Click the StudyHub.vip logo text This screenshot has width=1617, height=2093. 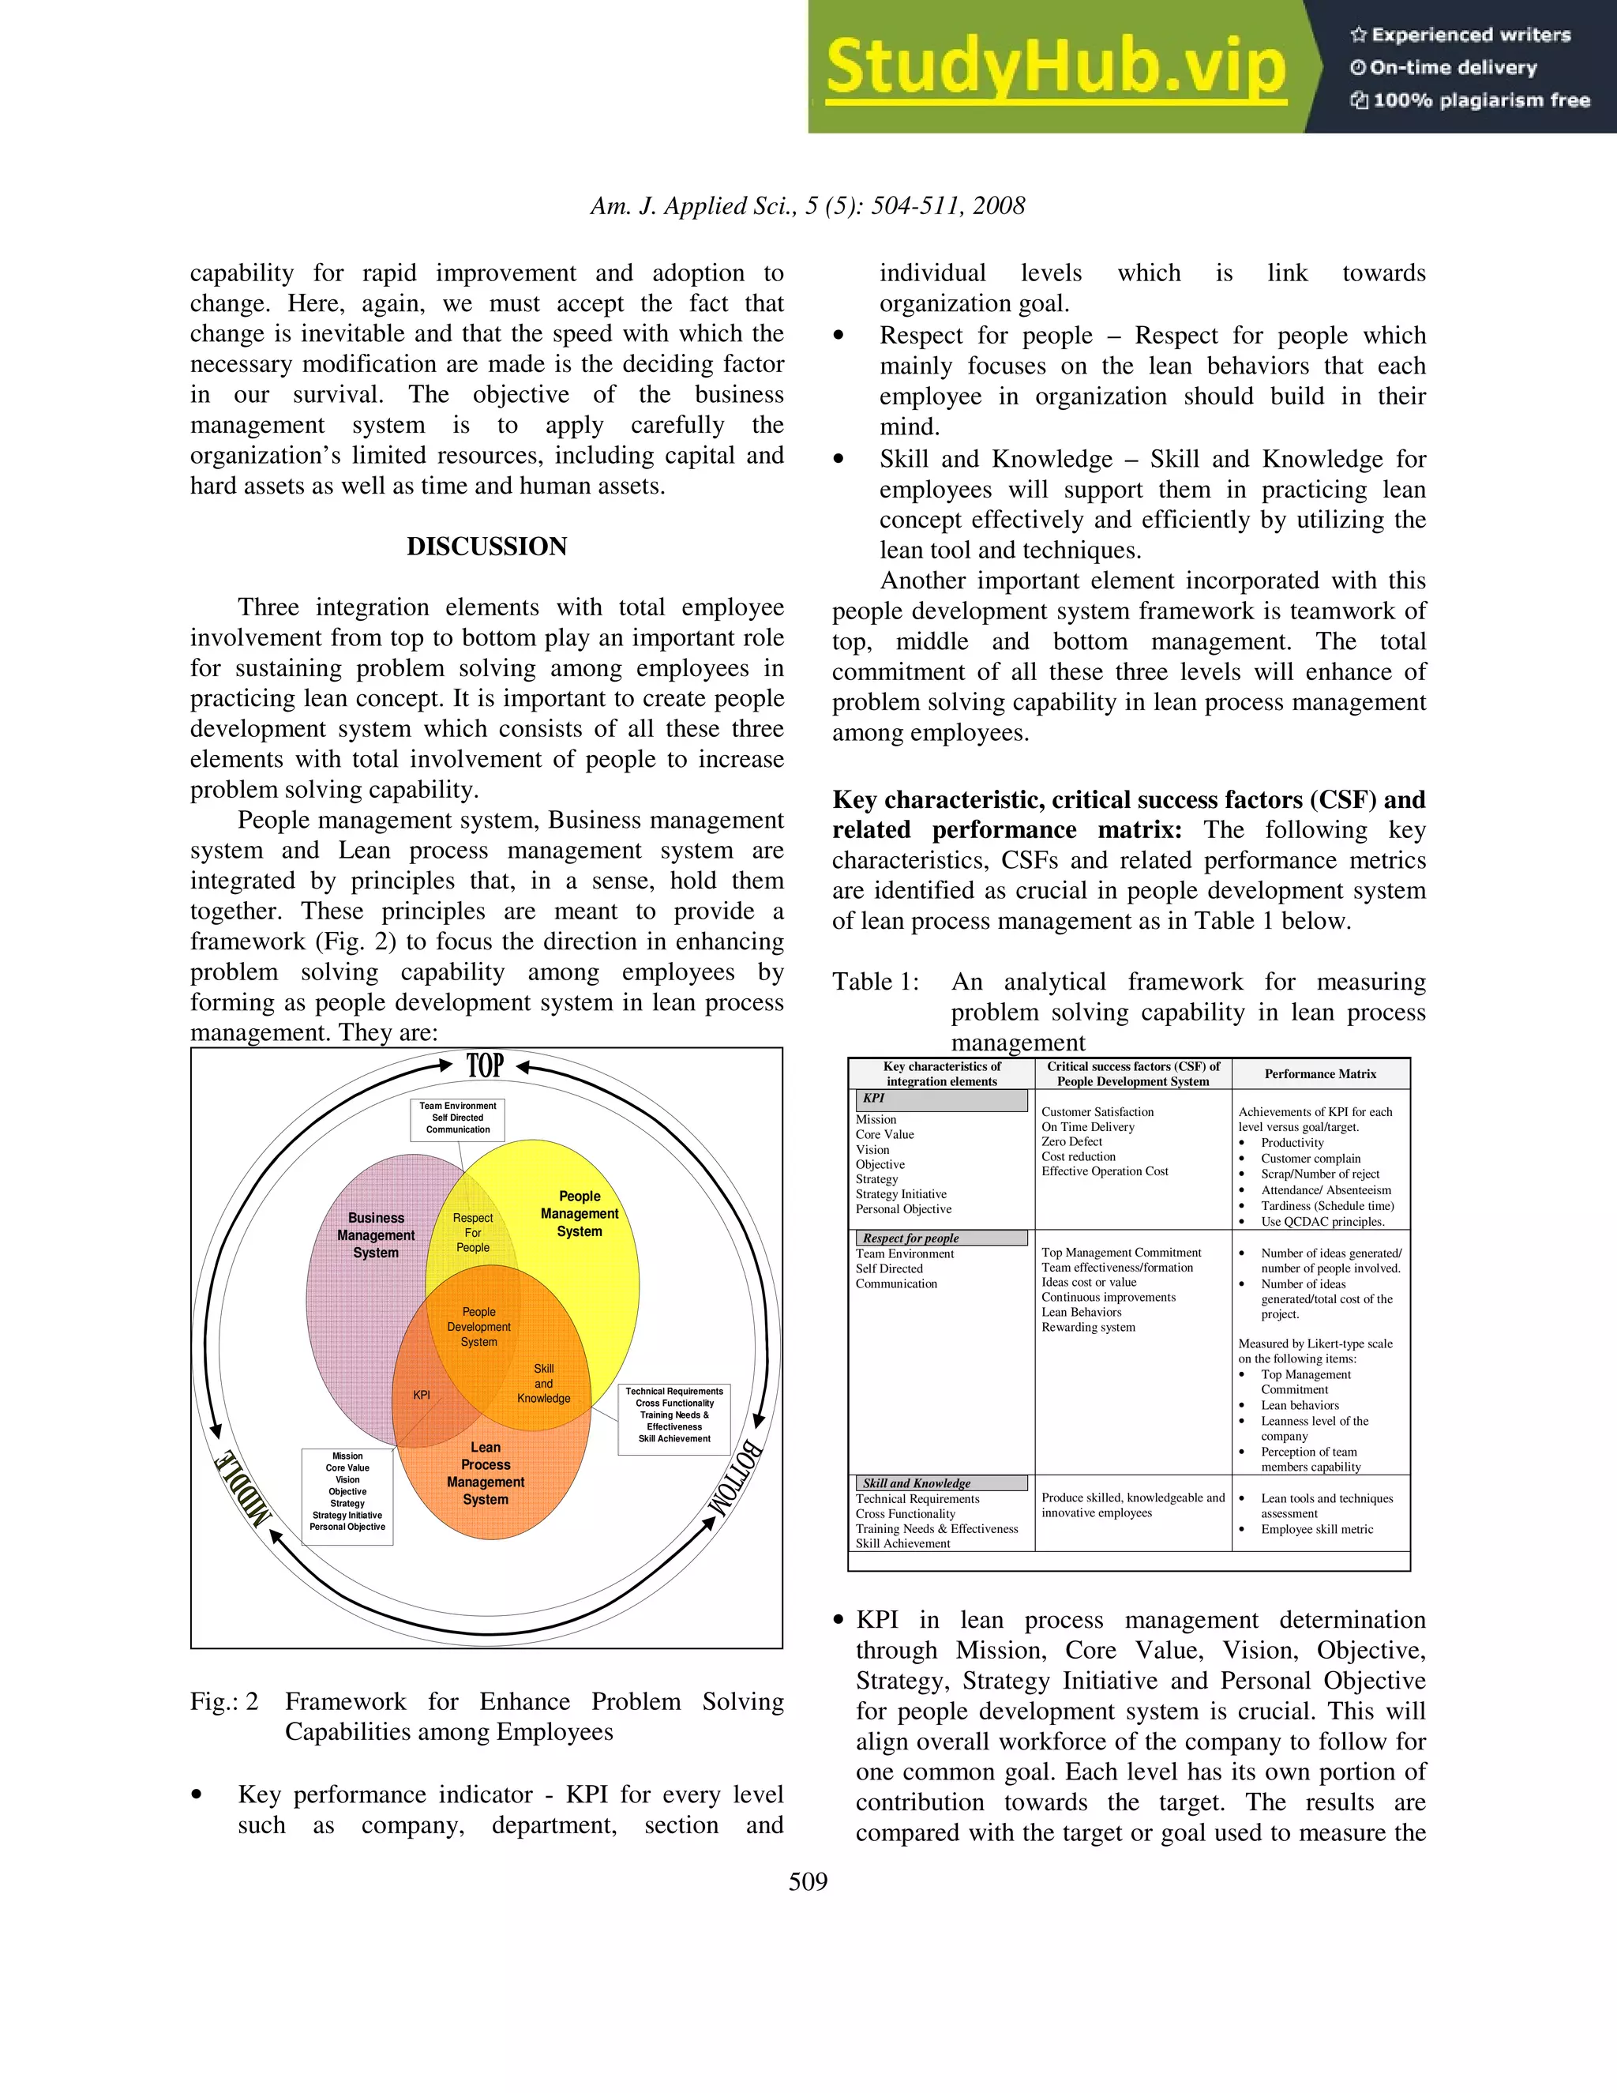click(1056, 66)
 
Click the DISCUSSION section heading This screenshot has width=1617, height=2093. click(486, 547)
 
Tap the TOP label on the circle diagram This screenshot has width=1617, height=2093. click(485, 1065)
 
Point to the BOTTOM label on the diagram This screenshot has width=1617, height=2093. click(736, 1477)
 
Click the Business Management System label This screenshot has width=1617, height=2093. click(376, 1235)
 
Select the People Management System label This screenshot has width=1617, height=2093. click(580, 1213)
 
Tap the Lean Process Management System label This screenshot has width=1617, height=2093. click(486, 1473)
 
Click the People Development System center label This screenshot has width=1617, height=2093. click(479, 1326)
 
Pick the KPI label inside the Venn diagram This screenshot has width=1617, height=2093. click(422, 1396)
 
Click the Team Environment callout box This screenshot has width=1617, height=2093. click(458, 1118)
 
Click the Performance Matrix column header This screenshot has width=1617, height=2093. click(1320, 1073)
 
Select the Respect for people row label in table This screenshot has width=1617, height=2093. click(910, 1238)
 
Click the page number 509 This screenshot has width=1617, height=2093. click(808, 1881)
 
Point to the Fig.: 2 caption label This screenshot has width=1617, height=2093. click(224, 1701)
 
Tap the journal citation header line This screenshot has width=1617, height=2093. click(808, 206)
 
